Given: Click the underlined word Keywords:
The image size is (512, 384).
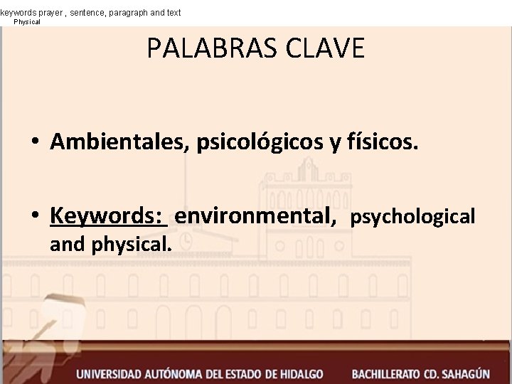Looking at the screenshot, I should tap(108, 215).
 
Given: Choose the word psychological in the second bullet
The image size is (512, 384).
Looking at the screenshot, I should tap(412, 216).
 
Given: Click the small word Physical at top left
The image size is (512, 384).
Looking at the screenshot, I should tap(28, 22).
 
